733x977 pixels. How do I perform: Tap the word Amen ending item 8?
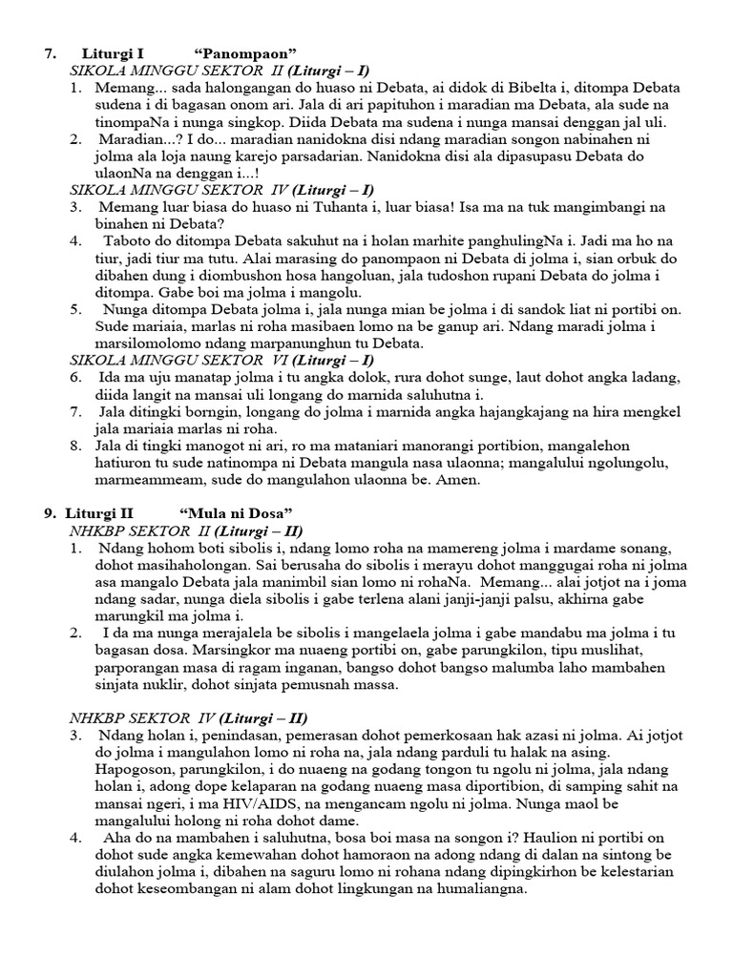457,481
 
